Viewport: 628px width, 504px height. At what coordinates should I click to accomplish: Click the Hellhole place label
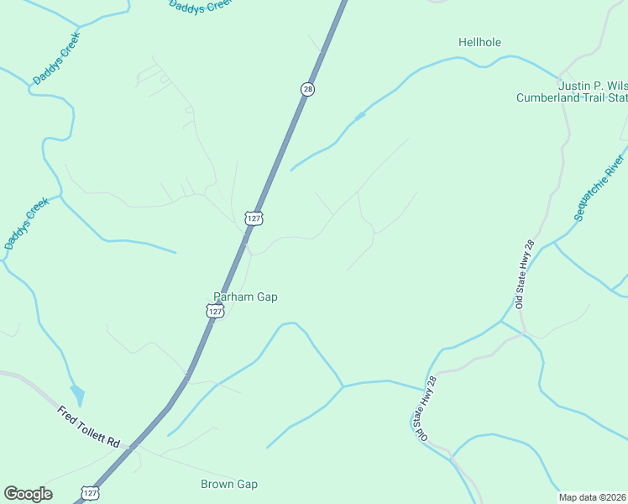coord(479,42)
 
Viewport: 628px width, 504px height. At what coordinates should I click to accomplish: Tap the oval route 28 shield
coord(308,89)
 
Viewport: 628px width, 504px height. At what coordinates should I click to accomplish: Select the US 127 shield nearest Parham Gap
coord(215,312)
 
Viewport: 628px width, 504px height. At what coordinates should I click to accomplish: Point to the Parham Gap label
coord(245,297)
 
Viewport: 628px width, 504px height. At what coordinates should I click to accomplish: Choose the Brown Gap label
coord(229,484)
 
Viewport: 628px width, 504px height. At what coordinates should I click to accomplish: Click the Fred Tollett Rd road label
coord(89,427)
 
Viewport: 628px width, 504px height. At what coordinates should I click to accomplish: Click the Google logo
coord(28,493)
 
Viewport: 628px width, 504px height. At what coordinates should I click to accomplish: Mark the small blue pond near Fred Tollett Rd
coord(77,394)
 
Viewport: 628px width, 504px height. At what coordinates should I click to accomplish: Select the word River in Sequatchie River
coord(615,166)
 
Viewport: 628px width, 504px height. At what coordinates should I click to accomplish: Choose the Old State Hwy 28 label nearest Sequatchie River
coord(526,274)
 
